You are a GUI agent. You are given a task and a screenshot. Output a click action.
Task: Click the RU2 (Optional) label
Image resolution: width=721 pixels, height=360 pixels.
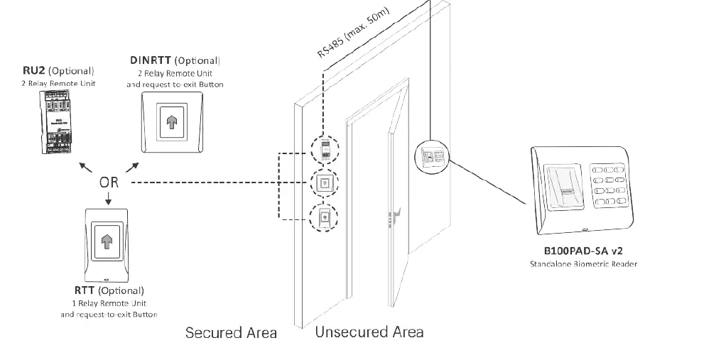pyautogui.click(x=58, y=71)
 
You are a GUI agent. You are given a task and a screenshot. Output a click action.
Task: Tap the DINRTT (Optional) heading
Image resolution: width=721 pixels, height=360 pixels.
pyautogui.click(x=175, y=61)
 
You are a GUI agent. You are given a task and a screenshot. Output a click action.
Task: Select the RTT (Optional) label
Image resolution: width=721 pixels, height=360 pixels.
pyautogui.click(x=109, y=290)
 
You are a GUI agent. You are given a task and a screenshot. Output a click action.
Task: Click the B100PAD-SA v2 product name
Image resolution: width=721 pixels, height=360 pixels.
pyautogui.click(x=583, y=251)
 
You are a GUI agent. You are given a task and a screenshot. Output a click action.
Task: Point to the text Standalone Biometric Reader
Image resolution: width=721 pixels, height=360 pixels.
pyautogui.click(x=583, y=264)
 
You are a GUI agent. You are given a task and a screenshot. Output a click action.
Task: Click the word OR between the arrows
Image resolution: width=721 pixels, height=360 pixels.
pyautogui.click(x=109, y=182)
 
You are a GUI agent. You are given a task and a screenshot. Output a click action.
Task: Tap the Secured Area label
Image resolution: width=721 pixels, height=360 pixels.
pyautogui.click(x=231, y=332)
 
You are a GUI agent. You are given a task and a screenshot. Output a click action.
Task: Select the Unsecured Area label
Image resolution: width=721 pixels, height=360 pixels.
pyautogui.click(x=369, y=332)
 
